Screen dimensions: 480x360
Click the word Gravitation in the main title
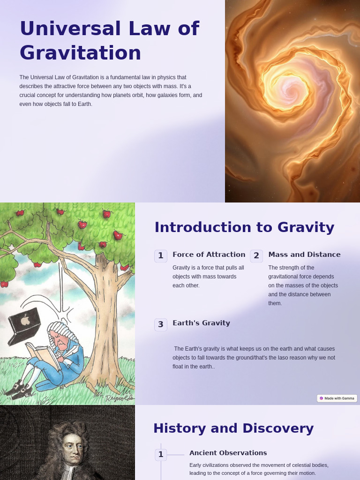80,53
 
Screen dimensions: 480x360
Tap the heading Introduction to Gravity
244,227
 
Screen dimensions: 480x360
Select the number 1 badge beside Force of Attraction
161,256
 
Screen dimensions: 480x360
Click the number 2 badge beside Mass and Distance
256,256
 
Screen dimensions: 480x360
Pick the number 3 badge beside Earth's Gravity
161,324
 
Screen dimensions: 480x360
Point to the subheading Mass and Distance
304,255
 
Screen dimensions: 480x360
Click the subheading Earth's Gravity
201,323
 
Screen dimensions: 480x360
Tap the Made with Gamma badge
337,398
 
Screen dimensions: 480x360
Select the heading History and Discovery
233,428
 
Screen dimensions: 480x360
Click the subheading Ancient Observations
228,453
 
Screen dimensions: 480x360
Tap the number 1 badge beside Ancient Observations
161,455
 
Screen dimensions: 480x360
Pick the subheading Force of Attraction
209,255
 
